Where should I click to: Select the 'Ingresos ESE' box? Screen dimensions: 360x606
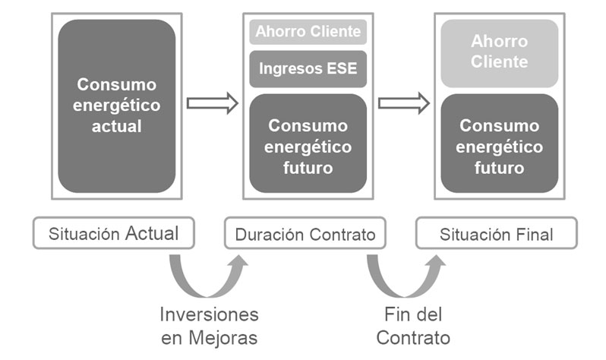(x=308, y=68)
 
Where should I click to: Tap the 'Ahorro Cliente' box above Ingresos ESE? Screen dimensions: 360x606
(x=308, y=32)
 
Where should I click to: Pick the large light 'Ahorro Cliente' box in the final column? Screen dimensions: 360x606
(x=499, y=52)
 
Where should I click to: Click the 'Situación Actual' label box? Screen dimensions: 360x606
(x=113, y=234)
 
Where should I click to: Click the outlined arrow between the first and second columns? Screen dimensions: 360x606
(x=213, y=103)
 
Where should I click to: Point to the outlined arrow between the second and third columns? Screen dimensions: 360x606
(x=404, y=103)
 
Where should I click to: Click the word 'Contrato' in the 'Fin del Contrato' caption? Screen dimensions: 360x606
(x=413, y=336)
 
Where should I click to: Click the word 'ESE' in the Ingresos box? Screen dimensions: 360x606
(x=341, y=68)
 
